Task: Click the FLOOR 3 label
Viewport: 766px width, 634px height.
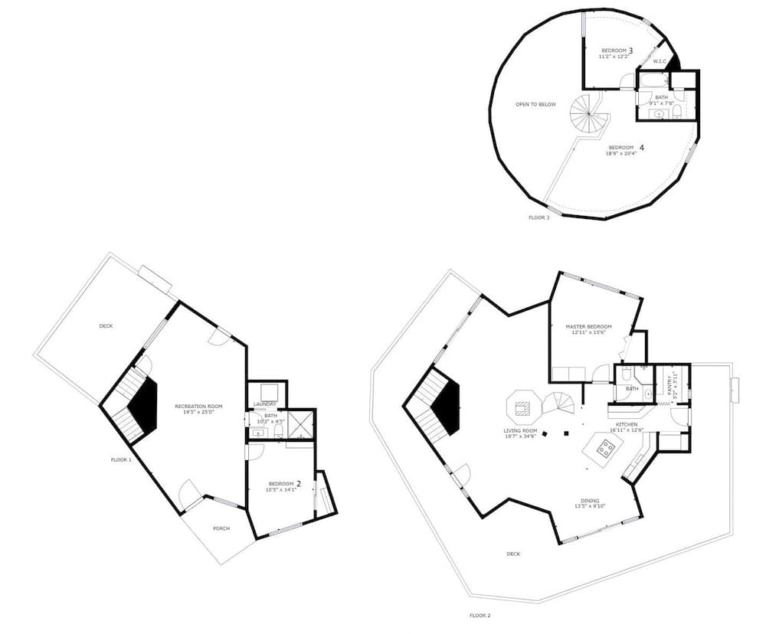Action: point(538,217)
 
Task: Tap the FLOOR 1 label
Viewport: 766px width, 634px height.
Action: point(121,459)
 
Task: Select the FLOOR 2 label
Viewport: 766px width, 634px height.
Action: point(480,615)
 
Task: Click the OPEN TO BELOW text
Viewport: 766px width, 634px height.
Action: point(535,104)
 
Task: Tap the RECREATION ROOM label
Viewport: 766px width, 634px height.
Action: point(198,406)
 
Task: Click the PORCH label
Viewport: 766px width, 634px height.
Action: point(221,528)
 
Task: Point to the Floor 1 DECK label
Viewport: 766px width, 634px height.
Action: point(106,326)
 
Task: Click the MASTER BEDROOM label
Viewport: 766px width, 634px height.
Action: point(588,327)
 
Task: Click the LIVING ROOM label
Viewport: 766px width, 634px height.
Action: point(520,430)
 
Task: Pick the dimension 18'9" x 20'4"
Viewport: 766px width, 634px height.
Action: point(621,154)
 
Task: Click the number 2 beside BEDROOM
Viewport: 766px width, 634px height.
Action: point(299,483)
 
